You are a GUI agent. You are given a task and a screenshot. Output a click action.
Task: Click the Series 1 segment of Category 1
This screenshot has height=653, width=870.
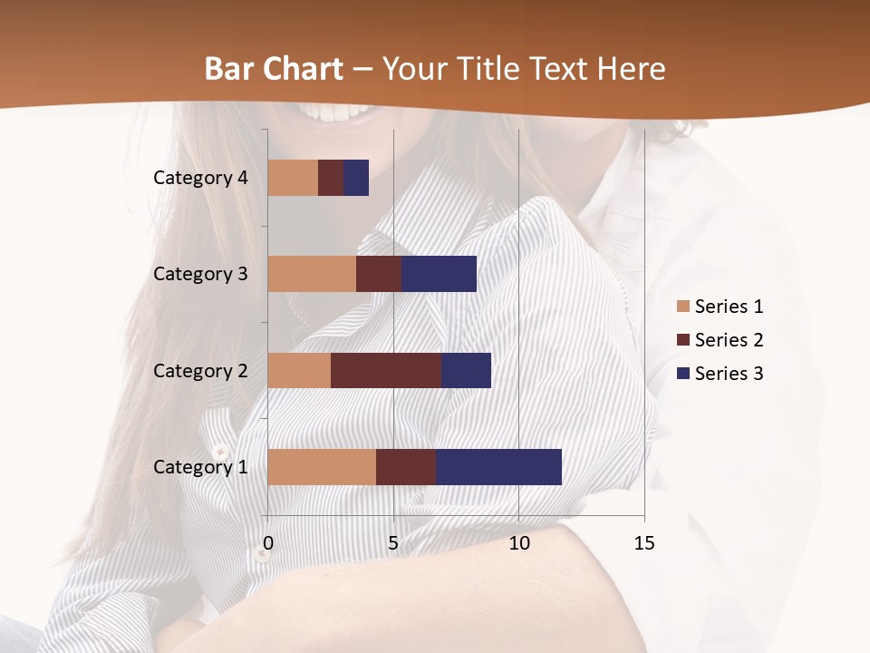322,466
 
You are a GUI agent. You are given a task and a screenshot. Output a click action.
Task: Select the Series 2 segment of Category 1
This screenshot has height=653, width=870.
406,466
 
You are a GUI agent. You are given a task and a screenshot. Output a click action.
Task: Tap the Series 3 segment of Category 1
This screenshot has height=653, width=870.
498,466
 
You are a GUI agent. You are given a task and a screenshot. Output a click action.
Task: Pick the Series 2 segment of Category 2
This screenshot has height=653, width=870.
386,370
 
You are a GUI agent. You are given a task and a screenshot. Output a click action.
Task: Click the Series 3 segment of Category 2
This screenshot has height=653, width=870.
466,370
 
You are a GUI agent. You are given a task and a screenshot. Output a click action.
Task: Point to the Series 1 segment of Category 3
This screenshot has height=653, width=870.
312,274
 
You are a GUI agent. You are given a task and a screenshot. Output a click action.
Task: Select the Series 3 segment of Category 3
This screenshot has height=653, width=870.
439,274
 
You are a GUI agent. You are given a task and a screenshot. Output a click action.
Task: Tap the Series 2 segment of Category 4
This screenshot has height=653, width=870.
331,178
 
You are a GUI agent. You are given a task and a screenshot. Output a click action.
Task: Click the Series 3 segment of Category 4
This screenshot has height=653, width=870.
356,178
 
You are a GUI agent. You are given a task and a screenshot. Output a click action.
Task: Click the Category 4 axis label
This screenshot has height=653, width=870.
200,178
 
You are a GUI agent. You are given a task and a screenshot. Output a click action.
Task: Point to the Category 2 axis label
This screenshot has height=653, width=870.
200,370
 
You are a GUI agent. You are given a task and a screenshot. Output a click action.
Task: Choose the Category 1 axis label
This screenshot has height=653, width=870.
200,466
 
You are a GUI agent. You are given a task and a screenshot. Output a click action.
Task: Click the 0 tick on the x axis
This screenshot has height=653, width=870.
268,543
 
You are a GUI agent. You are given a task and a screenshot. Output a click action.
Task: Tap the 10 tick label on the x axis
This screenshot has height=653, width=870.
518,543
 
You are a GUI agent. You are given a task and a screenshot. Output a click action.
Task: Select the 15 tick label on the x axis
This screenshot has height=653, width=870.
644,543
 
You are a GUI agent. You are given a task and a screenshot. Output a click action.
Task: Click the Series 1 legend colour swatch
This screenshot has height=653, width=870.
682,307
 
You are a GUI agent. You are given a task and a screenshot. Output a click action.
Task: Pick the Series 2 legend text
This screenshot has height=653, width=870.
729,340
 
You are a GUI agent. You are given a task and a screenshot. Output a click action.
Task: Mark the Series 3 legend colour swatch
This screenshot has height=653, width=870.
682,374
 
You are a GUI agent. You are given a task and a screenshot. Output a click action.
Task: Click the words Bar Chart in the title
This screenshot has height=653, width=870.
273,69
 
